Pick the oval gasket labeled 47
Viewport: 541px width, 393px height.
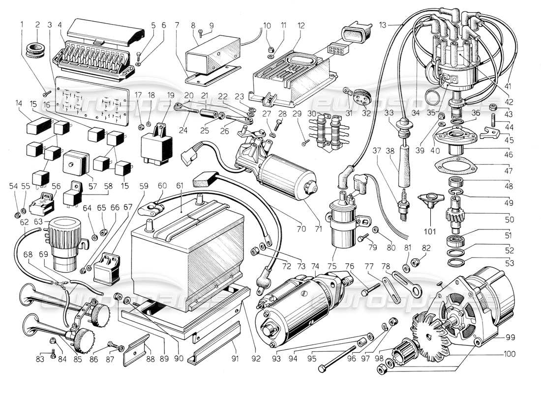click(x=457, y=165)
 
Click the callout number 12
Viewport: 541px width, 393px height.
click(x=301, y=25)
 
